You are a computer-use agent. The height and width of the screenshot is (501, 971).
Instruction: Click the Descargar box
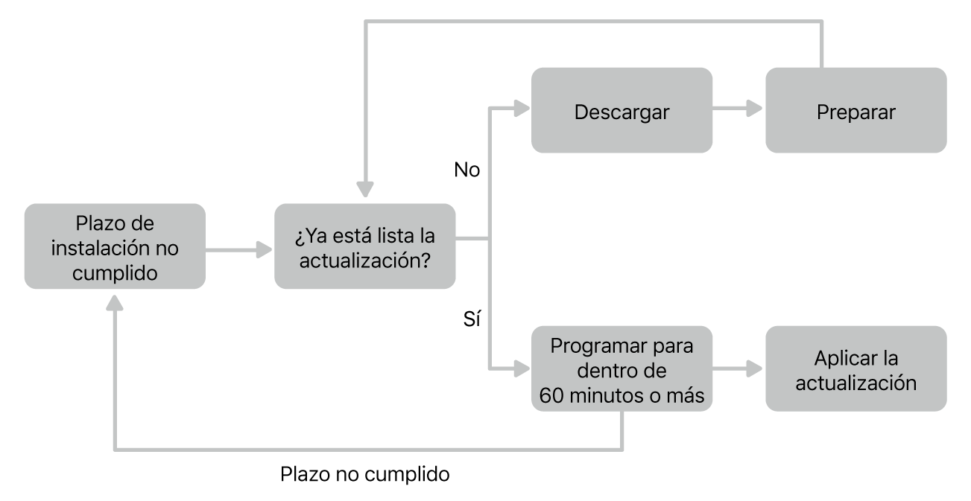tap(621, 110)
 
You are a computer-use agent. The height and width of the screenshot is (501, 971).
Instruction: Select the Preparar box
tap(855, 110)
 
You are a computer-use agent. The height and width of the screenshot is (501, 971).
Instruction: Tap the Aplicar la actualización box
tap(855, 369)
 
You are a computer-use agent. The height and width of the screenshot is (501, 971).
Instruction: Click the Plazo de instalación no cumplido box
tap(114, 246)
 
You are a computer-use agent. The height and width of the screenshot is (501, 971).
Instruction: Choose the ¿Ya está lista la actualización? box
tap(364, 246)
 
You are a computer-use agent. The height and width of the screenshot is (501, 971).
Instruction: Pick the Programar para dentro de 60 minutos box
tap(621, 369)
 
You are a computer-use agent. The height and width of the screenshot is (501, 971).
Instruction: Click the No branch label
tap(466, 170)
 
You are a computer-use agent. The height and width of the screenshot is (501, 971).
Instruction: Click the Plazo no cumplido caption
tap(365, 473)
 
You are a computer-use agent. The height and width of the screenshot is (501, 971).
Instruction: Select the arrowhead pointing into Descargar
tap(522, 110)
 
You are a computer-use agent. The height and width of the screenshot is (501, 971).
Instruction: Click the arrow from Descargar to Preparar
tap(738, 110)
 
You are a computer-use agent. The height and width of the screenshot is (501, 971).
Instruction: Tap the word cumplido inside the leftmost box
tap(114, 272)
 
